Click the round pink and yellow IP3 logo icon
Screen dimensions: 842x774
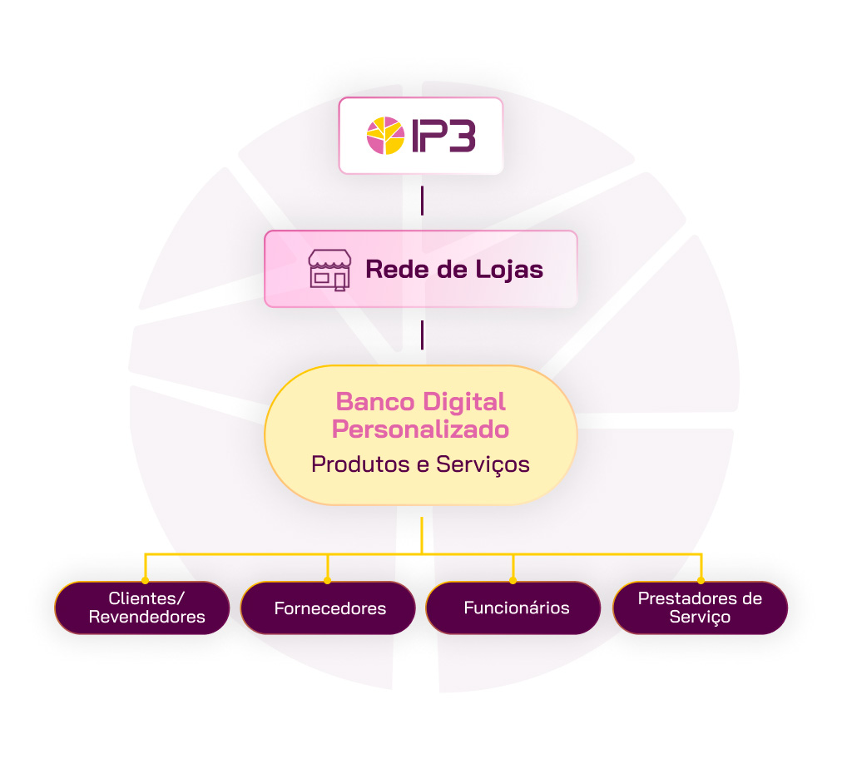(385, 136)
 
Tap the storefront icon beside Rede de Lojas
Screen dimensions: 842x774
(329, 270)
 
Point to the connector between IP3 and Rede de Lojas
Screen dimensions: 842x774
(422, 201)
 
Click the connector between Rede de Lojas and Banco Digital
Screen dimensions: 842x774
(422, 335)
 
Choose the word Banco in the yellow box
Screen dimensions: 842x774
(375, 402)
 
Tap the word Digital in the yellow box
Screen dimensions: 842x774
(464, 402)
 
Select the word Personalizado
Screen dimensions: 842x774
(420, 429)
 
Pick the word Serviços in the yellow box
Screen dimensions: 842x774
(483, 464)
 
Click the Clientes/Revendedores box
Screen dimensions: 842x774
(142, 608)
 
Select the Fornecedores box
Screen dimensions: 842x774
(328, 608)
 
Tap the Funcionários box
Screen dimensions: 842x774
(513, 608)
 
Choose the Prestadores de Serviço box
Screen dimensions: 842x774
(701, 608)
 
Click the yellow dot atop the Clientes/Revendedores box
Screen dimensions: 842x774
(145, 581)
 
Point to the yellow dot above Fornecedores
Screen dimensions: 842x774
(328, 581)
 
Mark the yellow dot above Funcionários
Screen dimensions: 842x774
(513, 581)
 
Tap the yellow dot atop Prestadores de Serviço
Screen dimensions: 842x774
(701, 581)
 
